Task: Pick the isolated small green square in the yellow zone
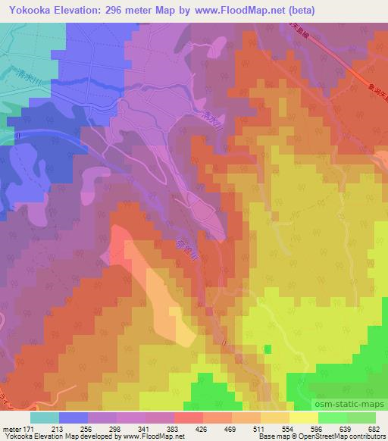[x=268, y=349]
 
